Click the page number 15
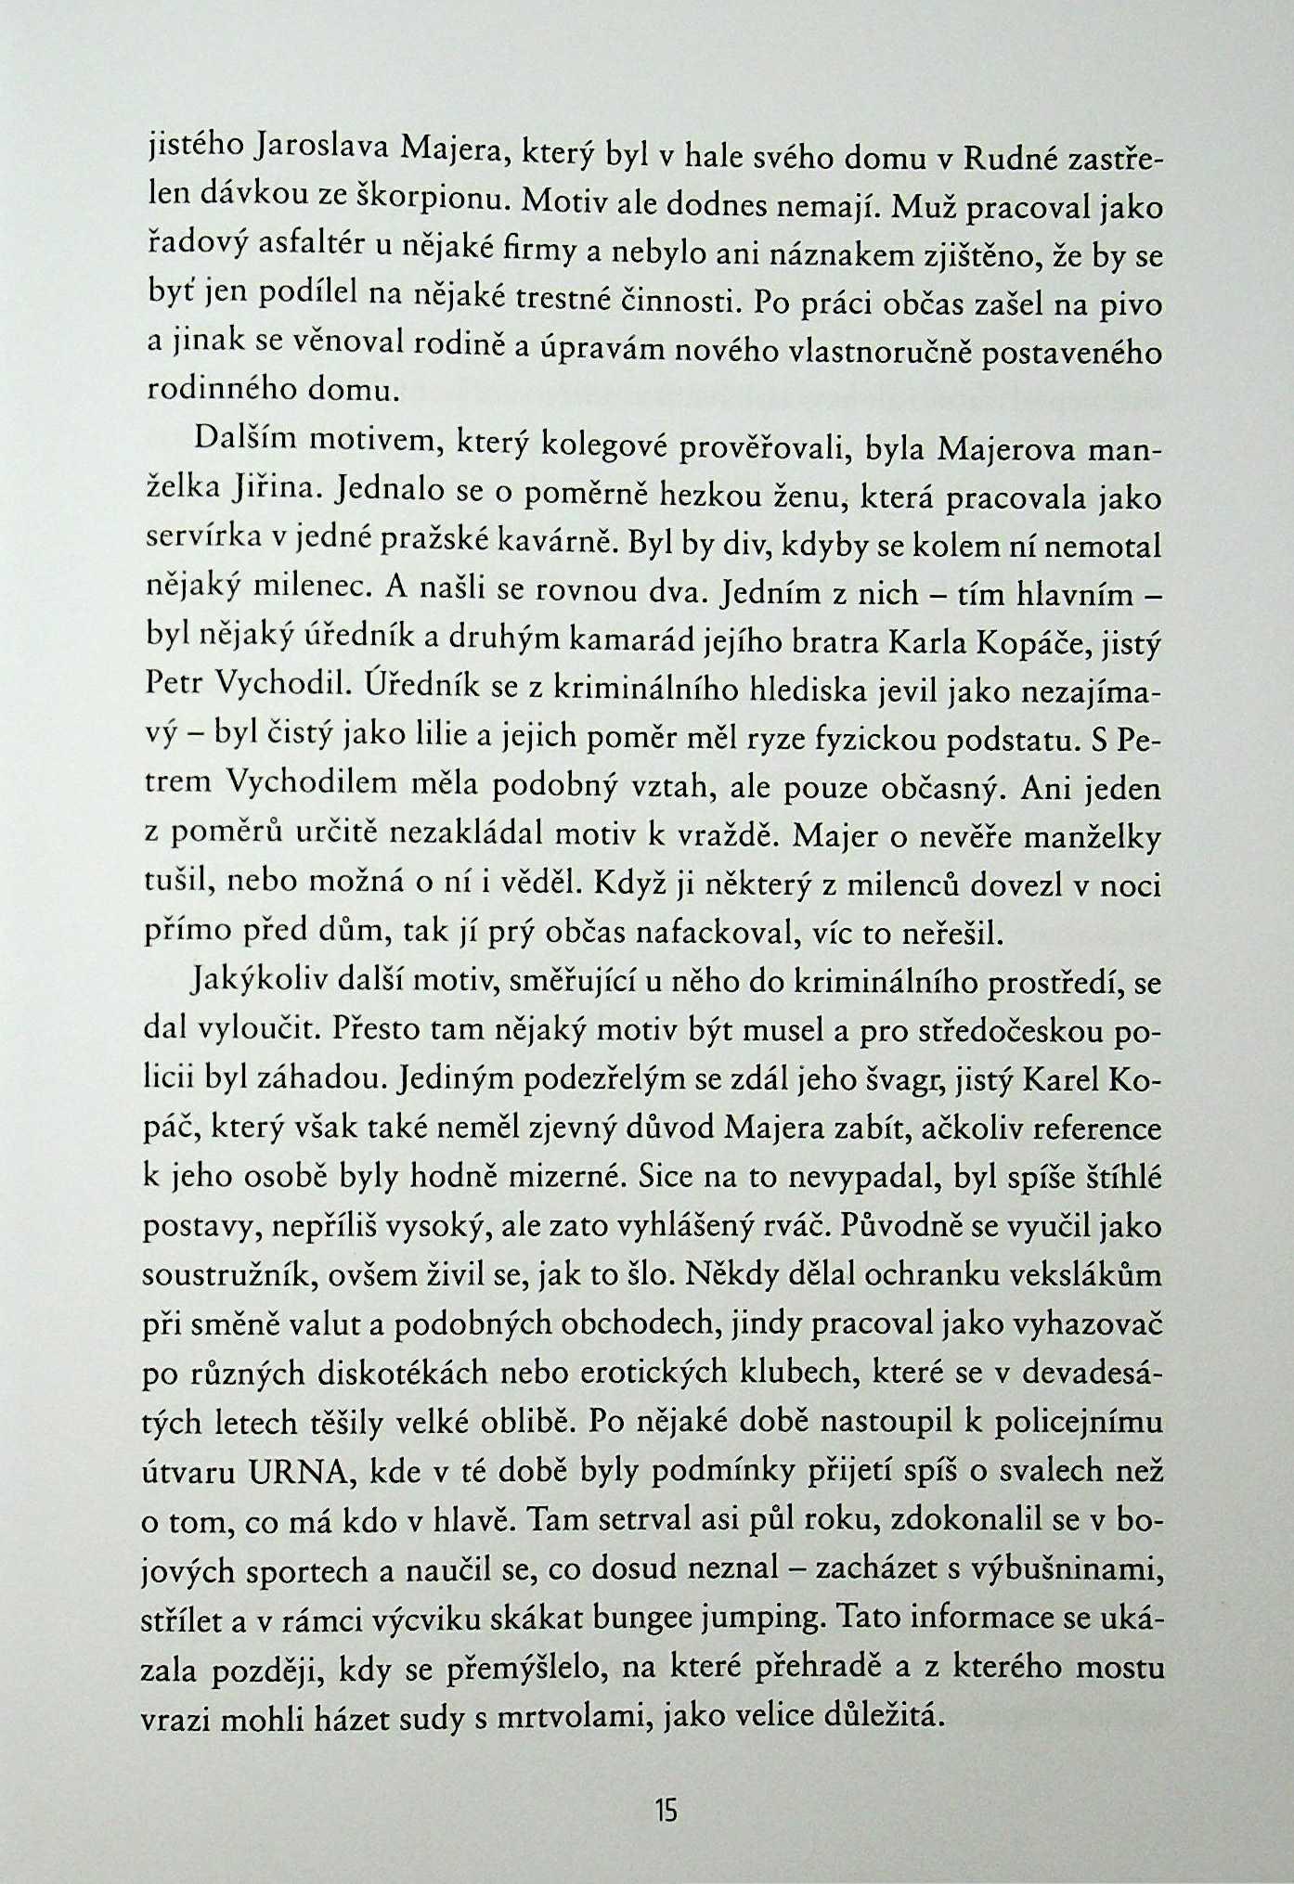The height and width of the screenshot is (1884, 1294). click(x=666, y=1810)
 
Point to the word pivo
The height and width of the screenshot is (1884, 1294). click(x=1127, y=306)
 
